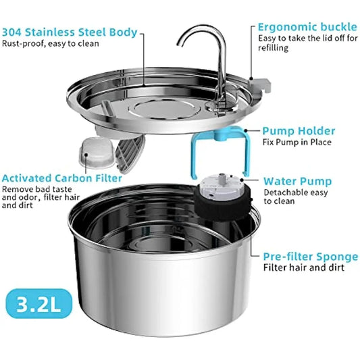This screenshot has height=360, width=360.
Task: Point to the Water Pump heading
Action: coord(297,181)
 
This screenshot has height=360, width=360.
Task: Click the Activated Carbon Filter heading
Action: coord(61,178)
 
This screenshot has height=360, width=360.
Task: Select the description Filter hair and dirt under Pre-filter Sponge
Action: coord(303,268)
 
